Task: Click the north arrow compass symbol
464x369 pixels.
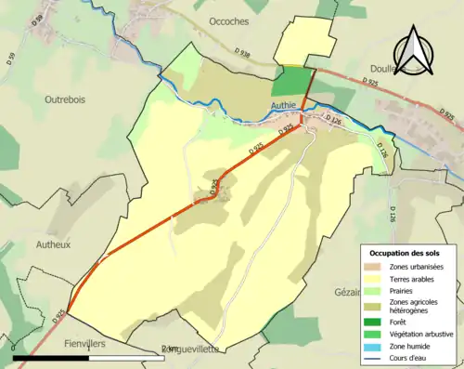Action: point(416,50)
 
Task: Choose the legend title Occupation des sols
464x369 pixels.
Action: point(406,253)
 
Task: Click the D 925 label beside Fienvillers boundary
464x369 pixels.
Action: point(58,317)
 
